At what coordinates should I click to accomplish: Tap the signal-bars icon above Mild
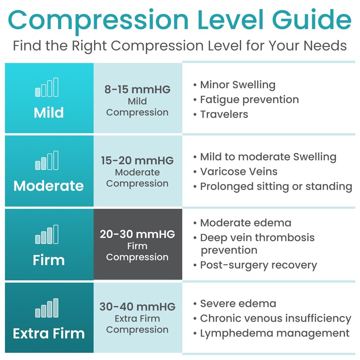47,87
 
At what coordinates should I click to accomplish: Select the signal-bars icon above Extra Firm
47,308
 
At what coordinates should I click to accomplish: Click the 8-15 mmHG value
137,89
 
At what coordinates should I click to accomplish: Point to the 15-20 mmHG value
137,161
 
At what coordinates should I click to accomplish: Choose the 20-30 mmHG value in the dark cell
137,234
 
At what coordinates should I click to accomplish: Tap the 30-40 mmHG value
137,307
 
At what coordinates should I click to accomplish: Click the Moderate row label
49,186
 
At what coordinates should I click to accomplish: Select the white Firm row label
49,260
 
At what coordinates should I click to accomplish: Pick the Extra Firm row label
49,333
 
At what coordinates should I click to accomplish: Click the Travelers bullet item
224,114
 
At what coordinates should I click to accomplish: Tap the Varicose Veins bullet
238,171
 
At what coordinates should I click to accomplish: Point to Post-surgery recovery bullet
258,265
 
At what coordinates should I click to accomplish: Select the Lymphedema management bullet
274,333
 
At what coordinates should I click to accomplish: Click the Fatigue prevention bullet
249,99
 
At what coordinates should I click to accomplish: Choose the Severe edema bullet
238,304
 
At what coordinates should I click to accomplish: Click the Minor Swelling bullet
238,85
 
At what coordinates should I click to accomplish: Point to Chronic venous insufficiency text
275,319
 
